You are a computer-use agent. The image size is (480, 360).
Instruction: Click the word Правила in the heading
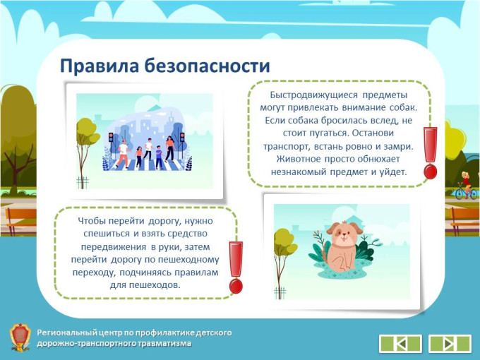coord(100,66)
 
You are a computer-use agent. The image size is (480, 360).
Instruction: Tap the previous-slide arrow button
coord(400,344)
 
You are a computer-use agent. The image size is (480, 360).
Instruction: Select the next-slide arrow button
coord(450,344)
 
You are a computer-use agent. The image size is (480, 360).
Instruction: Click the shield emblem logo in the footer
coord(20,337)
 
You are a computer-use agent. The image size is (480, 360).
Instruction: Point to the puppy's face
coord(344,232)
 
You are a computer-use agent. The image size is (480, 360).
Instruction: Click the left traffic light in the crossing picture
coord(111,137)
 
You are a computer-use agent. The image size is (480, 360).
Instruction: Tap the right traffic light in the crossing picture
coord(182,137)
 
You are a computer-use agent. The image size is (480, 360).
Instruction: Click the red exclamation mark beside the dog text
coord(430,152)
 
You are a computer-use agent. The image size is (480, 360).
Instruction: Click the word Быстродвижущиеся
coord(314,95)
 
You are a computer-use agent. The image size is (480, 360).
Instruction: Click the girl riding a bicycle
coord(466,186)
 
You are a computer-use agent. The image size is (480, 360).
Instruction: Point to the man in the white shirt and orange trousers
coord(122,154)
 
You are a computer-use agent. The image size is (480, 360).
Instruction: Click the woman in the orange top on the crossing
coord(170,149)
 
